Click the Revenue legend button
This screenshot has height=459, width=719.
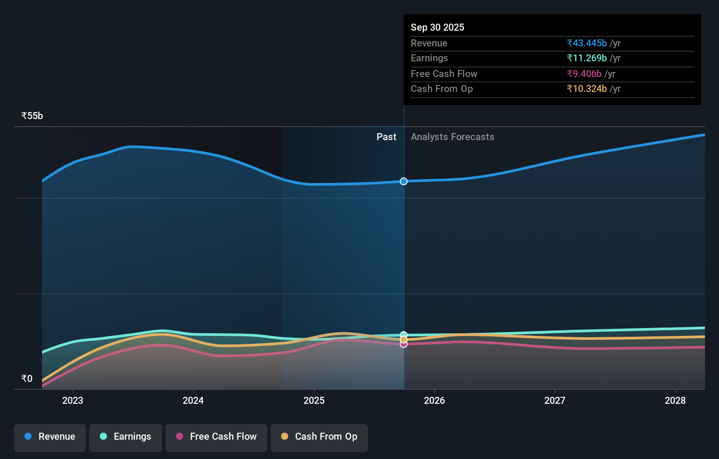click(50, 437)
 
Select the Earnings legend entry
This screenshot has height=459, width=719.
click(126, 437)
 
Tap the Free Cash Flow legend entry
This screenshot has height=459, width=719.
click(216, 437)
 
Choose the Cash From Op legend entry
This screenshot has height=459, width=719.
click(319, 437)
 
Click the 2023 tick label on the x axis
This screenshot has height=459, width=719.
click(73, 400)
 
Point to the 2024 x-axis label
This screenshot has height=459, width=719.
click(193, 400)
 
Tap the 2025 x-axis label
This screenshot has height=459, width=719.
click(314, 400)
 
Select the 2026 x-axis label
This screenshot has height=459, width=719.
click(434, 400)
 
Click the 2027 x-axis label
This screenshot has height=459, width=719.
click(555, 400)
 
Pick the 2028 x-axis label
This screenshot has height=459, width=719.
click(675, 400)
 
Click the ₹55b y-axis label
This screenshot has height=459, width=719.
click(32, 116)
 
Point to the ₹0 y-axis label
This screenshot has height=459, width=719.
click(27, 379)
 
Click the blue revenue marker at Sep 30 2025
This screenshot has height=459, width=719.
click(404, 181)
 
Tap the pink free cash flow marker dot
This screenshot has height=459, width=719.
click(404, 345)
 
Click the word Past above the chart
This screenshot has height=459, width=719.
click(386, 137)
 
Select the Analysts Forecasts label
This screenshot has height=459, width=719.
click(452, 137)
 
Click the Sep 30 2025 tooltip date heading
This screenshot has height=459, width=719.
click(437, 27)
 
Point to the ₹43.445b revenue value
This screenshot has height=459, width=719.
click(587, 43)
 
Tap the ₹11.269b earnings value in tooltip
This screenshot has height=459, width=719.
click(587, 58)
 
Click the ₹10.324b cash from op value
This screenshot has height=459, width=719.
click(587, 89)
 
